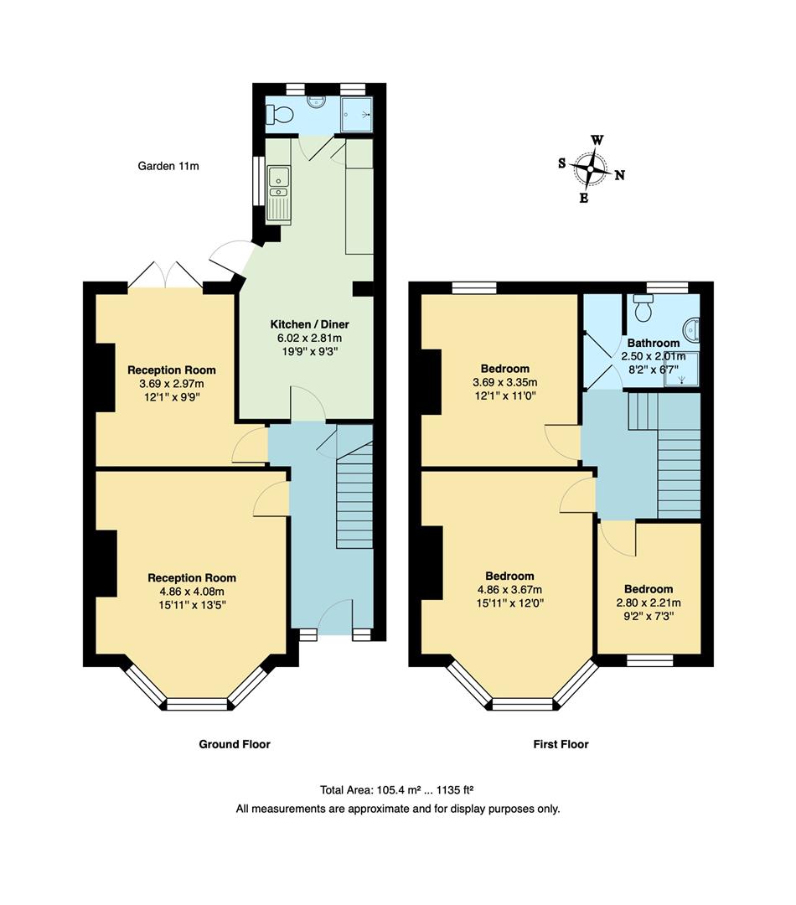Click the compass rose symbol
[x=592, y=169]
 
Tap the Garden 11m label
[x=168, y=166]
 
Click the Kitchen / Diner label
[x=309, y=324]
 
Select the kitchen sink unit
[x=278, y=194]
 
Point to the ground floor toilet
[x=281, y=113]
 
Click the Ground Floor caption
[x=235, y=744]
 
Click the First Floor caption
[x=561, y=744]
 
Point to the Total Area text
[x=398, y=789]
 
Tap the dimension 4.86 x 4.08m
[x=192, y=591]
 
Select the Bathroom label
[x=654, y=343]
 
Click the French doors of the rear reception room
[x=165, y=277]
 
